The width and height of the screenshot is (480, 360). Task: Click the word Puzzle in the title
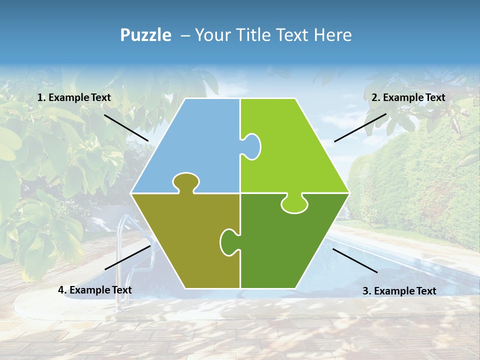145,35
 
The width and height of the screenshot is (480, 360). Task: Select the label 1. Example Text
74,98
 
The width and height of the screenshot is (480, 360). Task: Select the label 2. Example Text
408,98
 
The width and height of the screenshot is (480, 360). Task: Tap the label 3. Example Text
399,291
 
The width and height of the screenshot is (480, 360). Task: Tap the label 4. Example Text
95,290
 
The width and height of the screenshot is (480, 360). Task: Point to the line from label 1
126,127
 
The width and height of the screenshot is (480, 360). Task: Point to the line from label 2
360,127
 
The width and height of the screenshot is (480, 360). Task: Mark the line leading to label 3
355,260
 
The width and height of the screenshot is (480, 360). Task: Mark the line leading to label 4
127,257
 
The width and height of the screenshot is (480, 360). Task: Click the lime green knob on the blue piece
252,146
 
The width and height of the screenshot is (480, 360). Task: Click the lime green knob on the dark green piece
294,204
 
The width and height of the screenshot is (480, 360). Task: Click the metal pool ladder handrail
120,250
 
